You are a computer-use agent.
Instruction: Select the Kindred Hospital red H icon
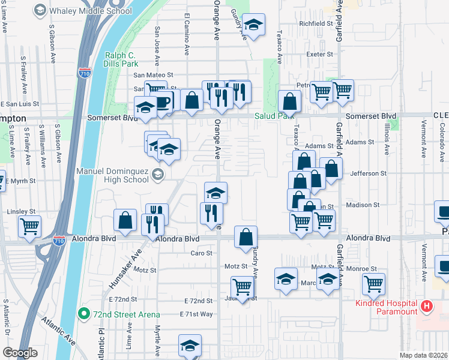(427, 306)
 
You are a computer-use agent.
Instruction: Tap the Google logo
(20, 353)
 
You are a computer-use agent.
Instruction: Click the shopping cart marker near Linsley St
(30, 227)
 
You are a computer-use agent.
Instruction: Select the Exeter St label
(319, 54)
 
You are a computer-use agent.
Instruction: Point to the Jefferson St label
(368, 173)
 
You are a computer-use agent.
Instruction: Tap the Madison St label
(363, 205)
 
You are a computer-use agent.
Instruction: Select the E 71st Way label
(196, 314)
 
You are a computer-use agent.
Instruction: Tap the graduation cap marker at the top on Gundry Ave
(254, 25)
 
